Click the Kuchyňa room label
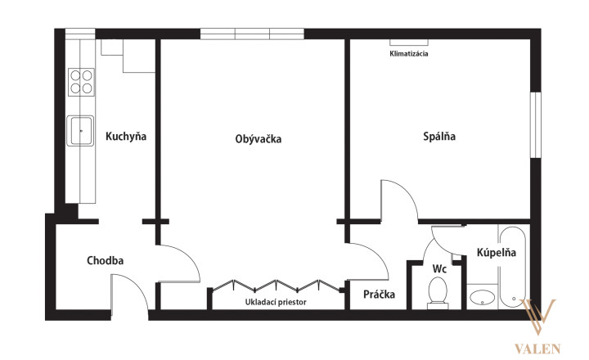[x=126, y=136]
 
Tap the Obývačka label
[x=258, y=138]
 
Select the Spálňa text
[x=439, y=136]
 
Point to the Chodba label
[x=106, y=260]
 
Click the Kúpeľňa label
[x=497, y=252]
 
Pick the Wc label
[x=439, y=268]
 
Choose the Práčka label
[x=379, y=294]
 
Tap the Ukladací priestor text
[x=276, y=302]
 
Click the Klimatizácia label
[x=409, y=53]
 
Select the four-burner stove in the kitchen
[x=81, y=82]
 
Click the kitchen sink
[x=80, y=131]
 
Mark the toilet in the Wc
[x=438, y=293]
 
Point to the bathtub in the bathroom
[x=512, y=267]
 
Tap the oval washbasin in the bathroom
[x=482, y=298]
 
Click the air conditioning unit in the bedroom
[x=409, y=42]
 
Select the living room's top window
[x=252, y=34]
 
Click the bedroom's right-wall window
[x=536, y=124]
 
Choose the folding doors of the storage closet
[x=277, y=286]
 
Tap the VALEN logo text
[x=537, y=349]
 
